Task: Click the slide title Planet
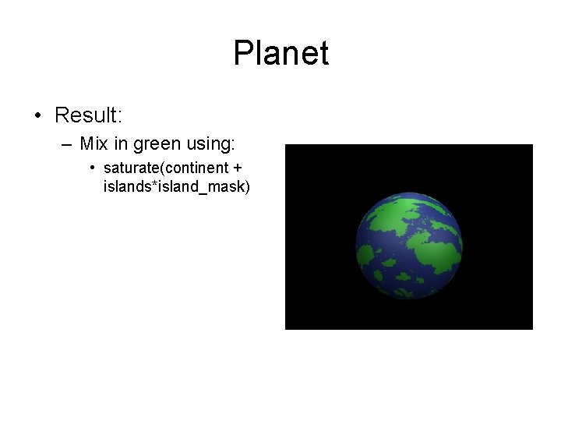280,54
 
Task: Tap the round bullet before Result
37,116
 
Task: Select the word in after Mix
118,144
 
